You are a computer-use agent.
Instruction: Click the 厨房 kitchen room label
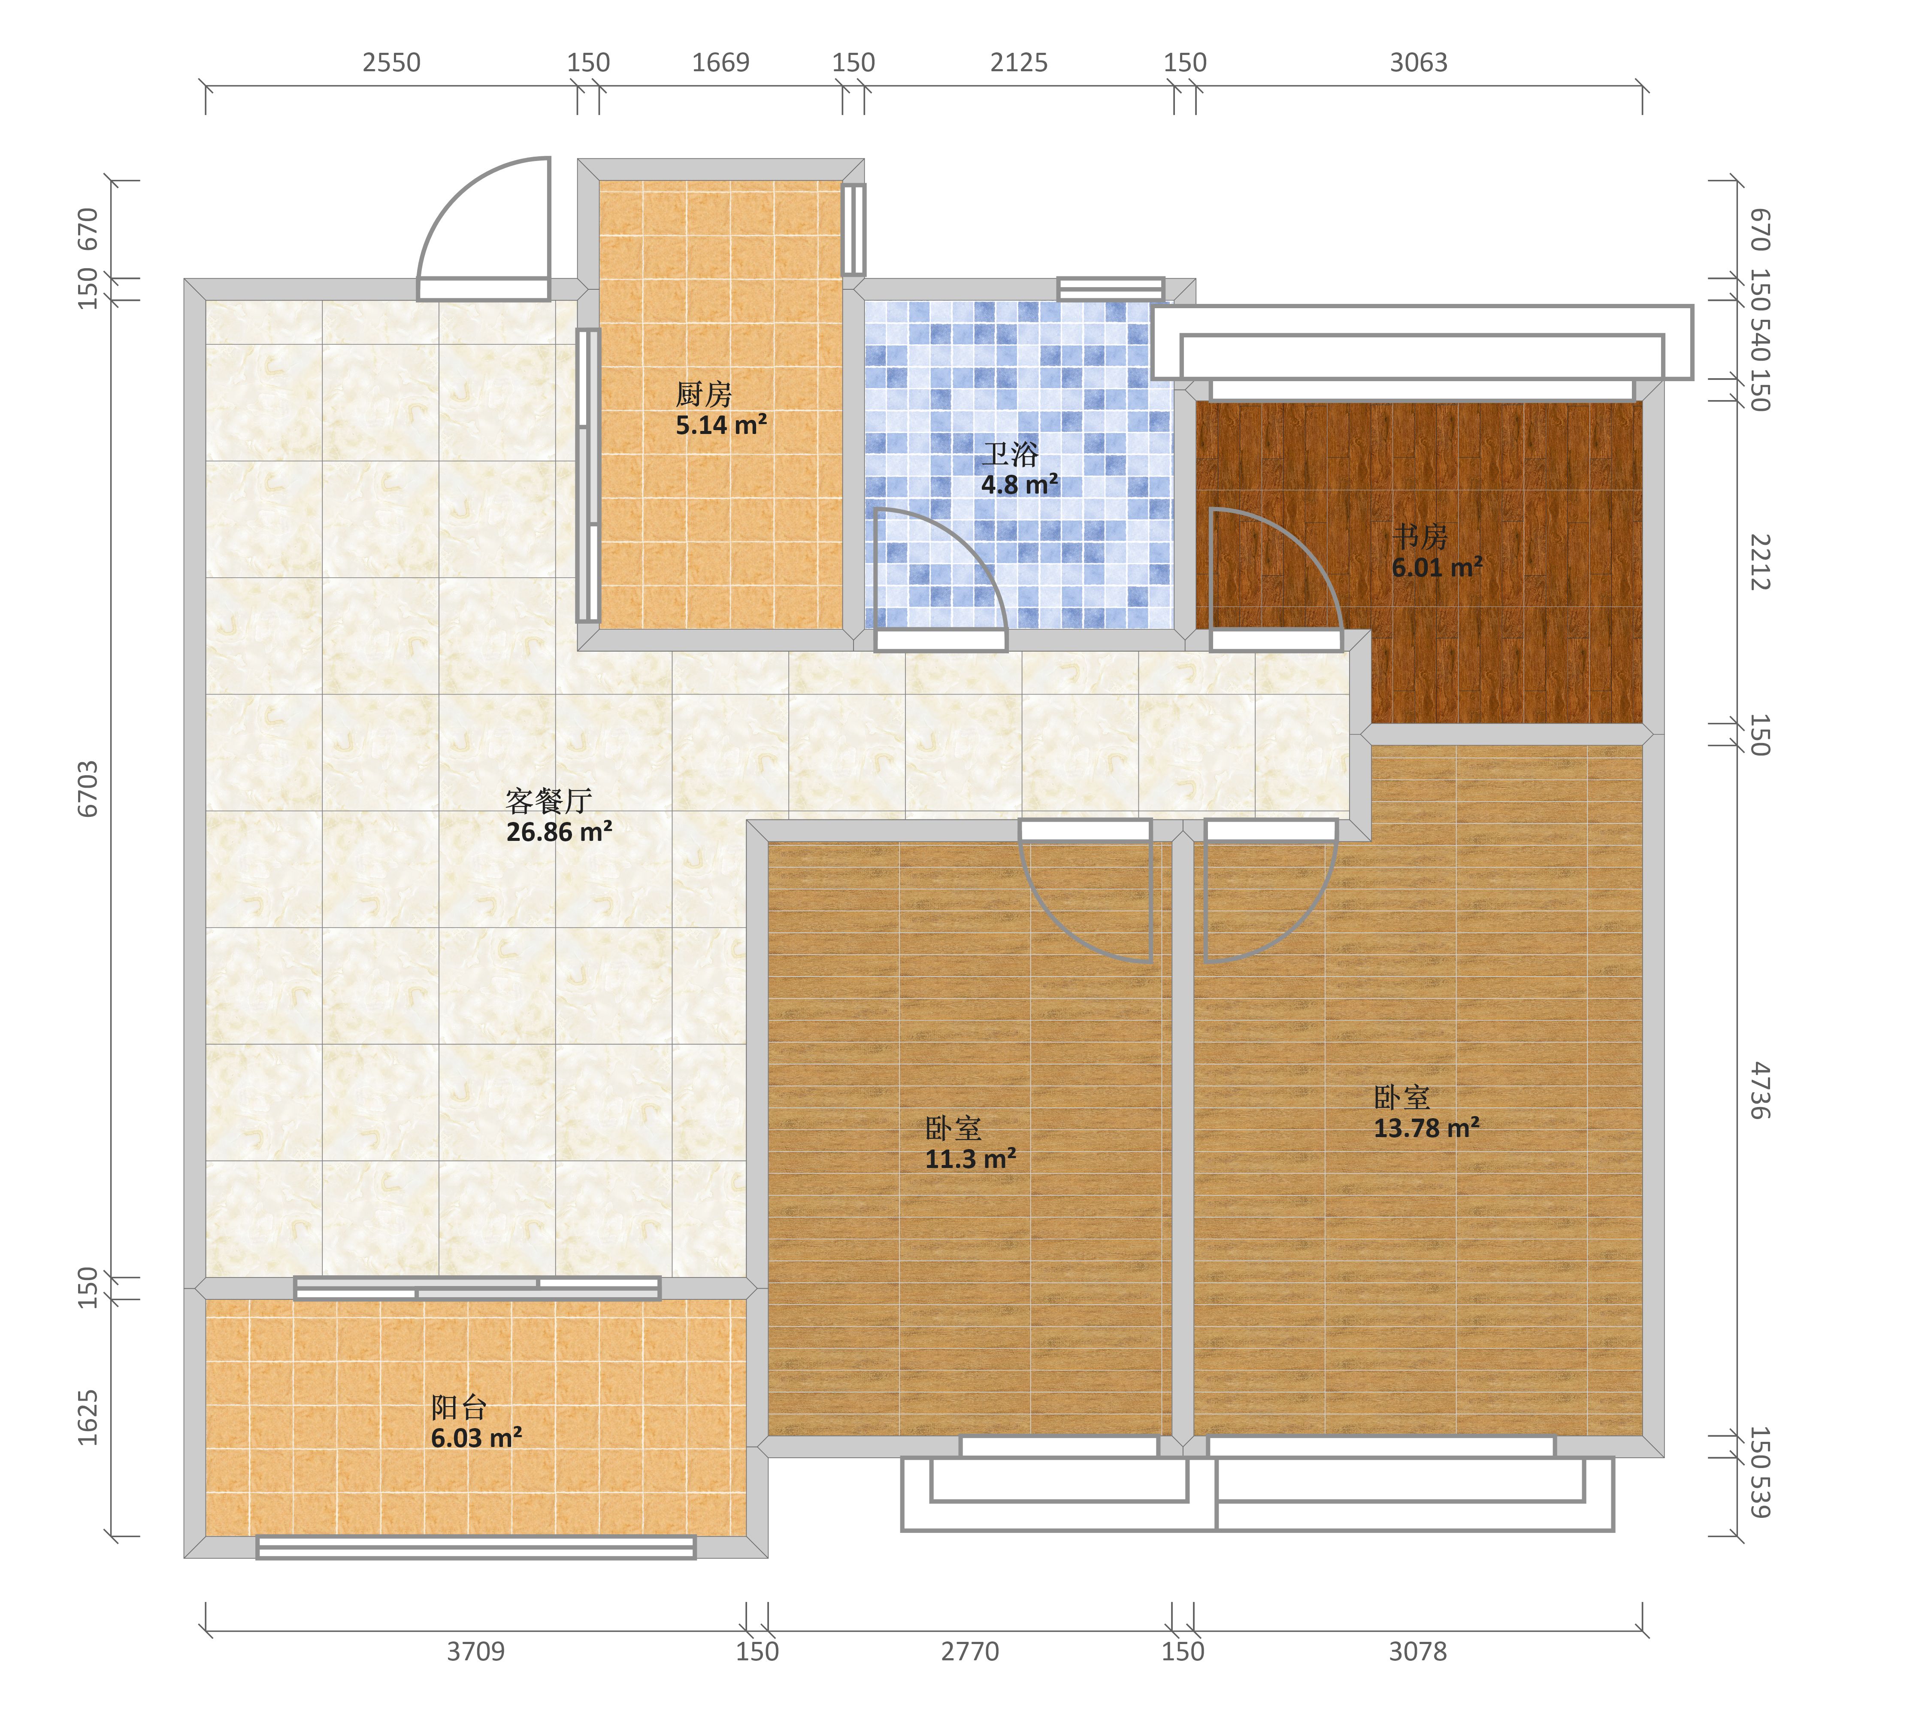[x=704, y=394]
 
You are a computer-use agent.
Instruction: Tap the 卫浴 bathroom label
[x=1010, y=455]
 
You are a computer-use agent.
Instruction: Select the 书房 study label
[x=1420, y=537]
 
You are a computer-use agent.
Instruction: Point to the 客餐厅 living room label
[x=549, y=801]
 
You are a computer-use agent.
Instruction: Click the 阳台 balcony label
[x=459, y=1408]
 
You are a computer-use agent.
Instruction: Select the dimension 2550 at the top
[x=391, y=62]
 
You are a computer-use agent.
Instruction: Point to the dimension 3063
[x=1418, y=62]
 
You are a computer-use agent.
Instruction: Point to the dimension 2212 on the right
[x=1759, y=562]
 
